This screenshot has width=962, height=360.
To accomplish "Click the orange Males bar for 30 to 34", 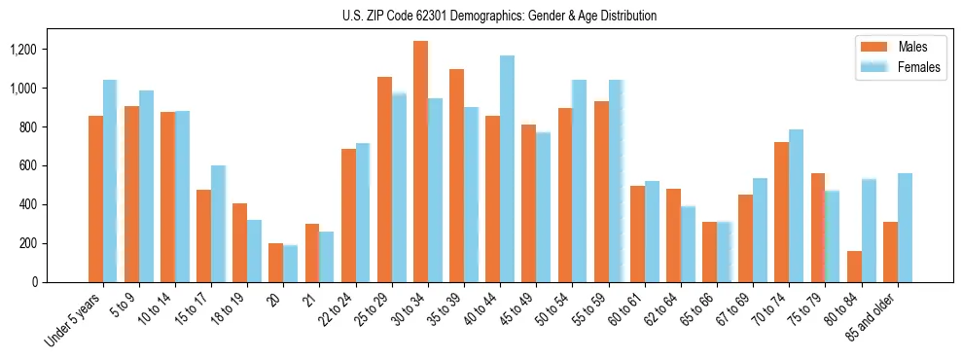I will (x=420, y=162).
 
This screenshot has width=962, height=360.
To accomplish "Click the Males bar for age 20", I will (x=276, y=263).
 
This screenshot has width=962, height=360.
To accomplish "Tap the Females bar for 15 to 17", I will (x=218, y=224).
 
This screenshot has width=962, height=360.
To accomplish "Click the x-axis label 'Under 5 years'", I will (x=74, y=320).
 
